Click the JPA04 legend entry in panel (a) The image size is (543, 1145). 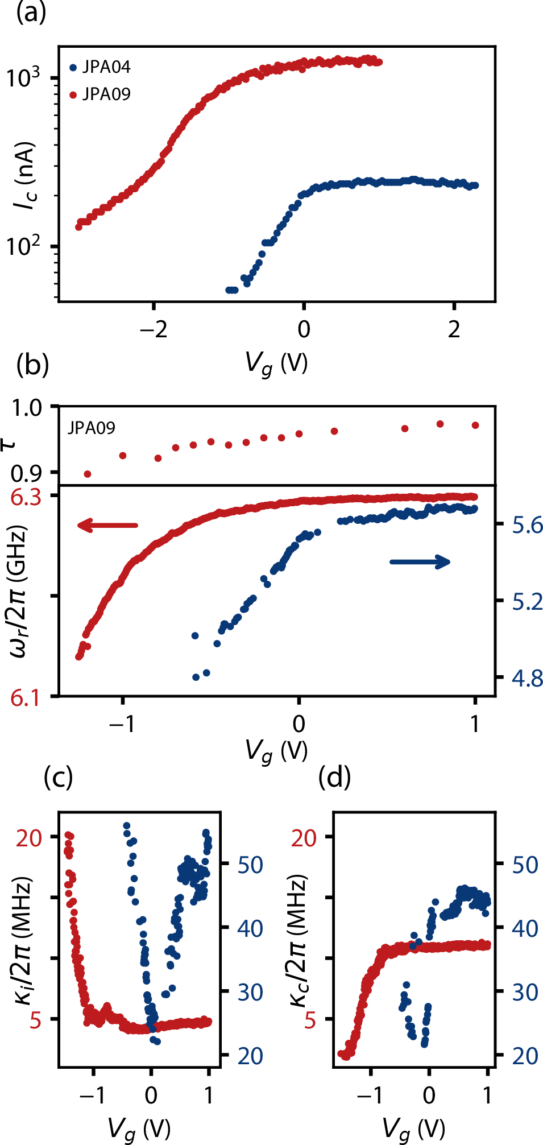pyautogui.click(x=100, y=67)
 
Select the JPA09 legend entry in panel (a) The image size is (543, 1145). pyautogui.click(x=100, y=94)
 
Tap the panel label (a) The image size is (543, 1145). pyautogui.click(x=31, y=13)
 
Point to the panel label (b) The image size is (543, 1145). pyautogui.click(x=32, y=365)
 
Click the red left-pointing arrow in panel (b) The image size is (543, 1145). pyautogui.click(x=107, y=525)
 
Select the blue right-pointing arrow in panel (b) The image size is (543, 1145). pyautogui.click(x=420, y=562)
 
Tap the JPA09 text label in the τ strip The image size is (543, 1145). pyautogui.click(x=92, y=428)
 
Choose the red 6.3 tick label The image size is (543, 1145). pyautogui.click(x=26, y=497)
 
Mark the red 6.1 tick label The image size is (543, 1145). pyautogui.click(x=26, y=697)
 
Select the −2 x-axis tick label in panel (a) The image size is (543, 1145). pyautogui.click(x=154, y=329)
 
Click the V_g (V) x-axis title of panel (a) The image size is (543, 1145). pyautogui.click(x=276, y=363)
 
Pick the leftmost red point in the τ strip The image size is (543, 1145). pyautogui.click(x=88, y=474)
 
